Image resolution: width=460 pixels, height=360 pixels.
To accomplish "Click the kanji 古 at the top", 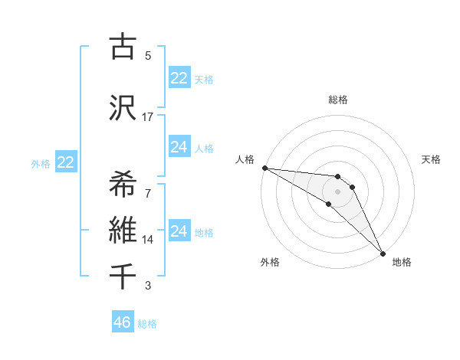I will pos(123,47).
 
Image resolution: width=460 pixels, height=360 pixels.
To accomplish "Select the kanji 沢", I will pos(123,109).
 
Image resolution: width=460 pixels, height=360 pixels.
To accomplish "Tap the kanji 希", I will pos(123,183).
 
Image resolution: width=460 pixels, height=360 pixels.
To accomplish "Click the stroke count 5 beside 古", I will pos(148,55).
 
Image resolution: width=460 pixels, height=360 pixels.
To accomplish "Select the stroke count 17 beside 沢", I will pos(148,116).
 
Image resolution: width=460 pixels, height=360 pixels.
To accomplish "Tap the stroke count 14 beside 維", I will pos(148,239).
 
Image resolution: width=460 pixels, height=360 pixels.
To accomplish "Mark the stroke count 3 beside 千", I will pos(148,286).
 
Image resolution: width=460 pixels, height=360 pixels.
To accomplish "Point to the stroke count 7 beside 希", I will pos(148,191).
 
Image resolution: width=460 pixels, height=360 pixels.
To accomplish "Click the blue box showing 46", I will pos(123,322).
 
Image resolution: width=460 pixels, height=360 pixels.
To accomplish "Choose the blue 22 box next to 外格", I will pos(66,162).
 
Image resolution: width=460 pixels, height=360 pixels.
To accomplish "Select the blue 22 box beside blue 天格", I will pos(179,78).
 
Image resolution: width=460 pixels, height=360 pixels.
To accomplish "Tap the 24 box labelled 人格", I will pos(179,147).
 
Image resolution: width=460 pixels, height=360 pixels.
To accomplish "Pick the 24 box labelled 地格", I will pos(179,231).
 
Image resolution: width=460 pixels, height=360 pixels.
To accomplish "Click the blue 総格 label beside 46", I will pos(147,324).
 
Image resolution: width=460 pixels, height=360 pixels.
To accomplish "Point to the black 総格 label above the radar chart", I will pos(338,100).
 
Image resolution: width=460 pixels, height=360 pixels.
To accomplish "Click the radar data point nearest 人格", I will pos(264,168).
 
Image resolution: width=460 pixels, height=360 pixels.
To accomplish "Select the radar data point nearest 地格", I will pos(382,253).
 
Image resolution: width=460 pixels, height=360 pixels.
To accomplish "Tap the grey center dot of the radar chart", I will pos(337,191).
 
